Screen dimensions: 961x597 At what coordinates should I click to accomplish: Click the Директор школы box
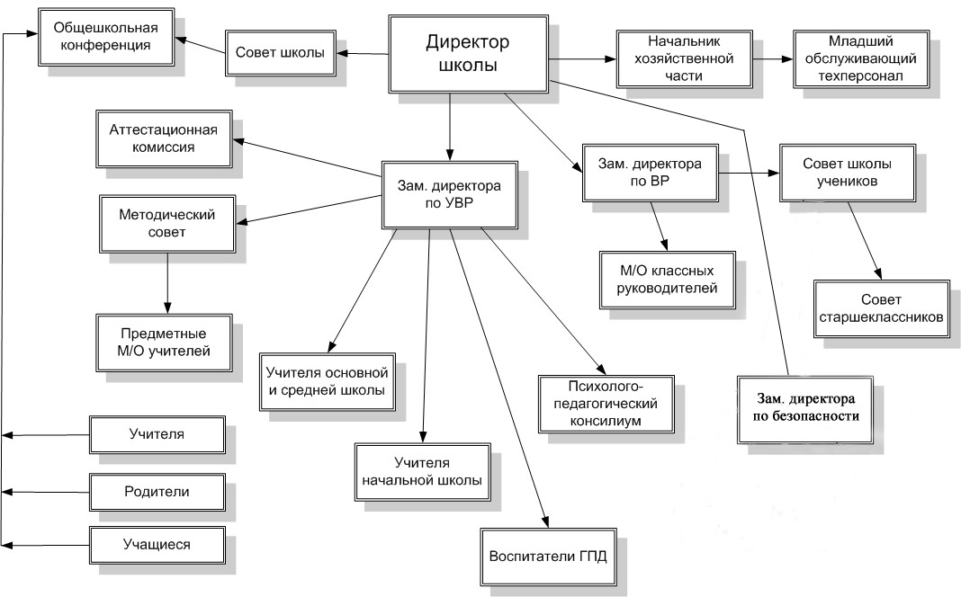click(468, 54)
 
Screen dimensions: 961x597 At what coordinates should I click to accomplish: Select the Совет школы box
click(280, 53)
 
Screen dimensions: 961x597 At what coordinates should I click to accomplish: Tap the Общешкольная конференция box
click(106, 37)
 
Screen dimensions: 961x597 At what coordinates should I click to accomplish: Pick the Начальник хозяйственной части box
click(685, 58)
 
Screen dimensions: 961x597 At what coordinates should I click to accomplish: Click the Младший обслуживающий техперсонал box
click(860, 58)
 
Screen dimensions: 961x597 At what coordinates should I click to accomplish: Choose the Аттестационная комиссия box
click(164, 139)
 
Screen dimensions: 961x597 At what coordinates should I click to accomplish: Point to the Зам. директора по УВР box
click(450, 195)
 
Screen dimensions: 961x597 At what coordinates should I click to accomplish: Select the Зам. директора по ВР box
click(651, 174)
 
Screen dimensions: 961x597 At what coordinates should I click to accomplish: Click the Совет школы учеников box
click(848, 174)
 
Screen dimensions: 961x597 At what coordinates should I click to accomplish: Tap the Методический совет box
click(167, 224)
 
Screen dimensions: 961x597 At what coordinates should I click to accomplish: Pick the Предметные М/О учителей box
click(164, 343)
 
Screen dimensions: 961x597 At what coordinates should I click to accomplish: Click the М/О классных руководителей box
click(668, 280)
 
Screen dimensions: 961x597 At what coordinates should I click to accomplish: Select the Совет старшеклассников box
click(881, 308)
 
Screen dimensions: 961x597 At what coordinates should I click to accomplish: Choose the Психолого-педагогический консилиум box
click(606, 404)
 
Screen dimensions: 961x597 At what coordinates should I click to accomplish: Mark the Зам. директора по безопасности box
click(805, 410)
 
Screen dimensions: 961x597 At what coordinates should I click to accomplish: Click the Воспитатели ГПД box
click(549, 557)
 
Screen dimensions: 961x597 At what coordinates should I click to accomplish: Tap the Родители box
click(157, 493)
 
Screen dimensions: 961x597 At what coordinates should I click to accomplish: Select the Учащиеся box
click(157, 545)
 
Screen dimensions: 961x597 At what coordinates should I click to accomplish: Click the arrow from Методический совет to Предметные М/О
click(167, 283)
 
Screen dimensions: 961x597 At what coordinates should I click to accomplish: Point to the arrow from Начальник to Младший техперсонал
click(773, 59)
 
